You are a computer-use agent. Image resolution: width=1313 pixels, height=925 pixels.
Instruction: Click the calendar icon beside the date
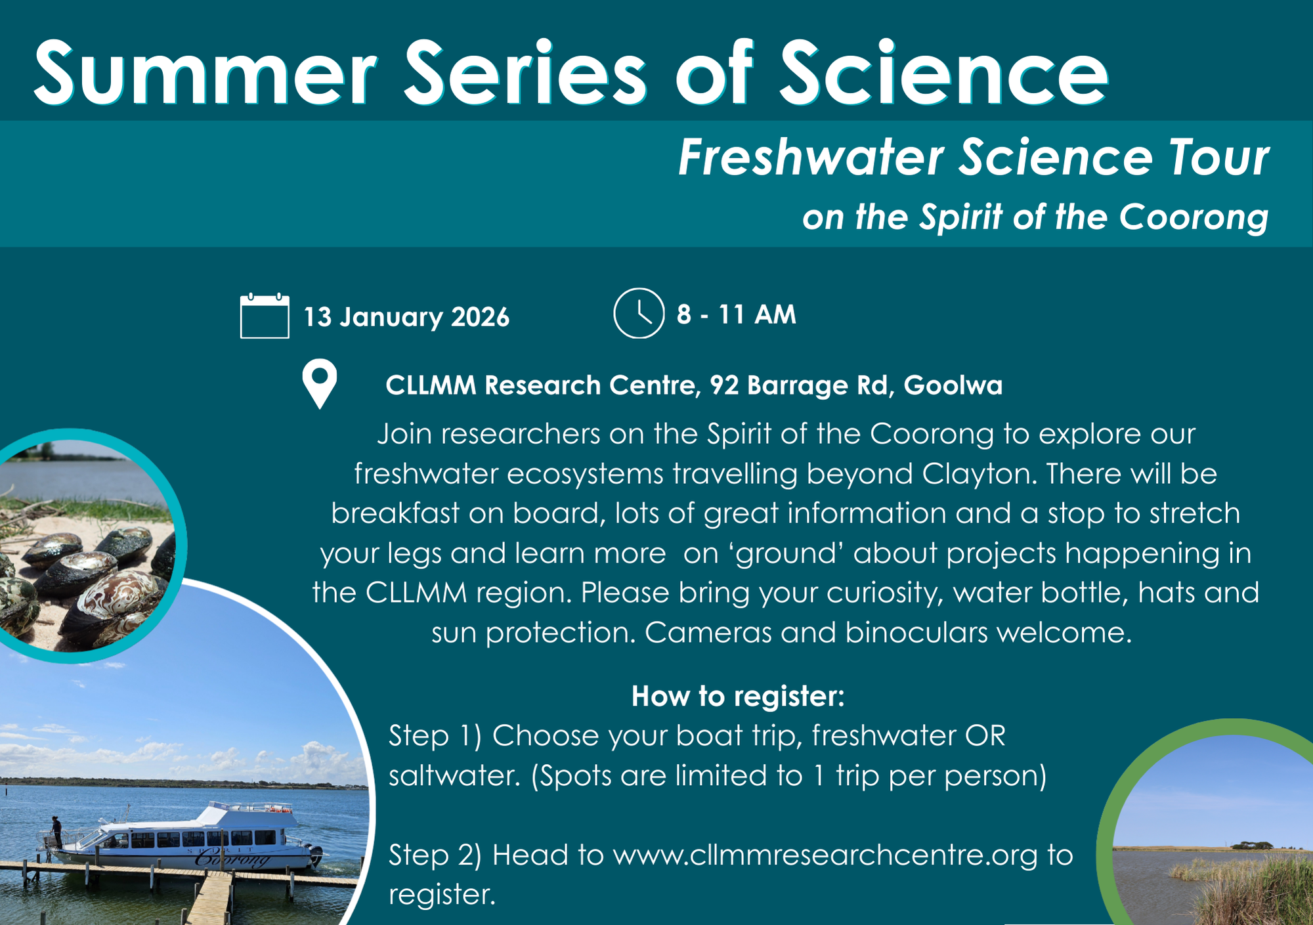265,316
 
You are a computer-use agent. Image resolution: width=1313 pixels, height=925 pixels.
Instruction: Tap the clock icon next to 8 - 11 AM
639,313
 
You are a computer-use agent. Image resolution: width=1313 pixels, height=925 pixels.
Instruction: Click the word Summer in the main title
205,73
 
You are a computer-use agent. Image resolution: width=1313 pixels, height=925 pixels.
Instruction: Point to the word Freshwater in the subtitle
811,158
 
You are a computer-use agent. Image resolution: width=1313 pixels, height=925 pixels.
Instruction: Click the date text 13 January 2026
406,317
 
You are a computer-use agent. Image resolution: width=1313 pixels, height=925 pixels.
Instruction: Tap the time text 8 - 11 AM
737,314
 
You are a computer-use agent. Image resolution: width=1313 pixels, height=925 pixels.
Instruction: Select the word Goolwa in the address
953,385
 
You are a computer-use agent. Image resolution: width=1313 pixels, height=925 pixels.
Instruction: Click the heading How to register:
738,696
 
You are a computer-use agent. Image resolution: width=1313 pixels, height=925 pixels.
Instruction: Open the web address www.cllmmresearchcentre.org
825,855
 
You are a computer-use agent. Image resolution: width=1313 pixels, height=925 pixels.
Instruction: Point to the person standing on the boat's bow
56,831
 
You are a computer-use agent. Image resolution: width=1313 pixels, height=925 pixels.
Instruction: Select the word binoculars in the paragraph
916,632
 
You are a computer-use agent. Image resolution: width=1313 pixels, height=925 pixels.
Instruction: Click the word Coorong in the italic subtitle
1194,218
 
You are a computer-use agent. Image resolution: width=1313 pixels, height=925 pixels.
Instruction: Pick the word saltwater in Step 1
454,776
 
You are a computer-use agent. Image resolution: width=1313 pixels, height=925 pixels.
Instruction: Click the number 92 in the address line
724,385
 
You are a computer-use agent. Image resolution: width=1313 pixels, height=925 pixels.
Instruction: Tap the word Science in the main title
944,73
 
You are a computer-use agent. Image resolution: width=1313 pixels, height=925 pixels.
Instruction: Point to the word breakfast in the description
395,513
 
